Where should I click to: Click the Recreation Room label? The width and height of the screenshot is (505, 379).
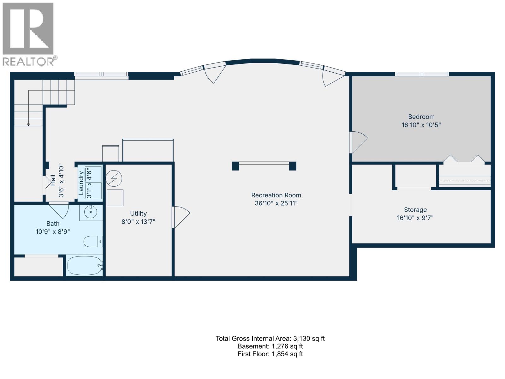click(x=276, y=195)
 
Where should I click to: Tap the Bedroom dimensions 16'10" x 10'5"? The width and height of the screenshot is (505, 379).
click(x=421, y=125)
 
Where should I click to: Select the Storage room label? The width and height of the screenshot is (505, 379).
click(x=415, y=210)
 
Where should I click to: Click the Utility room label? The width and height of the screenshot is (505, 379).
click(x=138, y=214)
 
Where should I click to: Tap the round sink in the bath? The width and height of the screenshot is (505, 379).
click(x=91, y=212)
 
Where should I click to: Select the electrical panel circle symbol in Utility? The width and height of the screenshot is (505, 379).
click(x=114, y=178)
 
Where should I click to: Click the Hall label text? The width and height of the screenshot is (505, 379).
click(x=53, y=181)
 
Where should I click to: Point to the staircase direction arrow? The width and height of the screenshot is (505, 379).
click(x=28, y=124)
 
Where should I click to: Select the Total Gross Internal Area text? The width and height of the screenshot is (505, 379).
click(x=270, y=339)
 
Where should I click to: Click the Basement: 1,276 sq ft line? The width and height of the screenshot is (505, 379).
click(x=270, y=346)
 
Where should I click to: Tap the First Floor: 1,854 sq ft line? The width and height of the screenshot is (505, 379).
click(x=270, y=354)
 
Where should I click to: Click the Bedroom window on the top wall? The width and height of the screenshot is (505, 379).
click(x=422, y=74)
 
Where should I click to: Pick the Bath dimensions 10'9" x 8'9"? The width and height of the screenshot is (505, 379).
click(x=53, y=232)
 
